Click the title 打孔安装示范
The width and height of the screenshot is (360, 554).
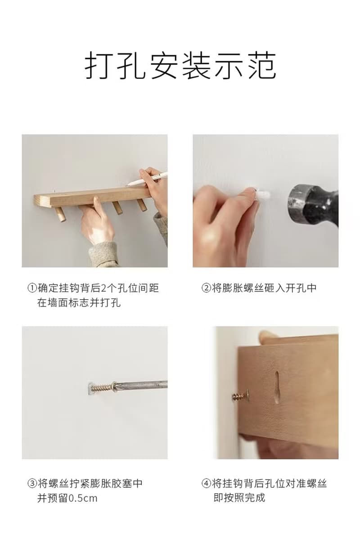click(180, 66)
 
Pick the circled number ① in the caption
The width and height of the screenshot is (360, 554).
click(32, 288)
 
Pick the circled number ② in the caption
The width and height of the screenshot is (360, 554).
click(206, 288)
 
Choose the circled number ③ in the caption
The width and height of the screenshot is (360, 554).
click(32, 484)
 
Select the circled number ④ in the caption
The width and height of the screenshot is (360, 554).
click(206, 484)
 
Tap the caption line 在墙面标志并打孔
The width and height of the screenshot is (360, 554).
click(79, 303)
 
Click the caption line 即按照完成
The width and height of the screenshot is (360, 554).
click(239, 498)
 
